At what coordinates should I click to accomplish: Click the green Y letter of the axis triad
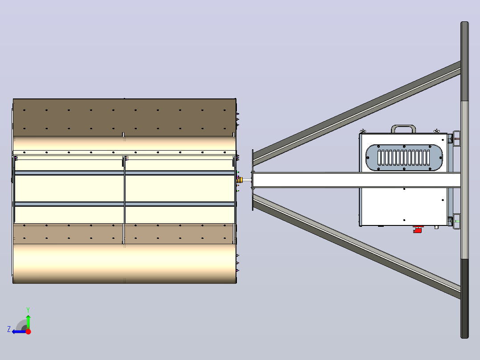click(x=28, y=310)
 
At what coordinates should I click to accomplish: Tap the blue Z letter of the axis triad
click(x=9, y=329)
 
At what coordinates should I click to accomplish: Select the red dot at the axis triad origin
click(x=28, y=331)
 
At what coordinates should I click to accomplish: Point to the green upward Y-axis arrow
click(x=28, y=322)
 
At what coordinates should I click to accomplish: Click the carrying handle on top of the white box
click(x=403, y=128)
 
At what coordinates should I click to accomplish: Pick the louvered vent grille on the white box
click(x=404, y=157)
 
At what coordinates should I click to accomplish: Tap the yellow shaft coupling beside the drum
click(x=240, y=180)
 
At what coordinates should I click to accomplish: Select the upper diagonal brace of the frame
click(x=357, y=114)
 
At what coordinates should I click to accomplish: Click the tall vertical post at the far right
click(x=465, y=180)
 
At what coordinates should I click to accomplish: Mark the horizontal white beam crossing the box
click(x=357, y=180)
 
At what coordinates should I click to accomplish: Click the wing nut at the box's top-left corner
click(x=363, y=131)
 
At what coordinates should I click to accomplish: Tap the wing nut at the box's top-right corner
click(x=436, y=131)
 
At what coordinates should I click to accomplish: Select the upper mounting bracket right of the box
click(x=456, y=139)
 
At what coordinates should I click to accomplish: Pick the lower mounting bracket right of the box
click(x=456, y=221)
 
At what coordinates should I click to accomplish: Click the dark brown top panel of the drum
click(x=124, y=118)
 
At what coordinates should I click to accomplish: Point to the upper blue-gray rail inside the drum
click(x=124, y=173)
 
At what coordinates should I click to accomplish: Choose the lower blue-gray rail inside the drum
click(x=124, y=204)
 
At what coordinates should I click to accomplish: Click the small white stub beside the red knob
click(x=436, y=227)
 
